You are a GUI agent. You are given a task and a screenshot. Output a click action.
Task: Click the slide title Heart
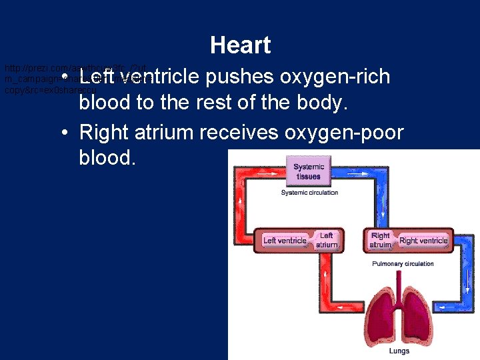240,45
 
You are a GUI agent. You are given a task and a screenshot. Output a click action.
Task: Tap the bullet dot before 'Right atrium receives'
62,133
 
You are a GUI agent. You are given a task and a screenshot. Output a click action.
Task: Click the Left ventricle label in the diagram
285,240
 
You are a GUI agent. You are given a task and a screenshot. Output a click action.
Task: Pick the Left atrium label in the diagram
327,240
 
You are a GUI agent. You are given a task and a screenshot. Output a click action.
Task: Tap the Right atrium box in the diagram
381,240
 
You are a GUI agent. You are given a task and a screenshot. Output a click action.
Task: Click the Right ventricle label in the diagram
423,240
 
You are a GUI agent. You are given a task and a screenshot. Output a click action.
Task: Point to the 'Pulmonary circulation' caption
403,264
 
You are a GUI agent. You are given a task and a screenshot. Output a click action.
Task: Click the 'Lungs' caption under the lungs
400,351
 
